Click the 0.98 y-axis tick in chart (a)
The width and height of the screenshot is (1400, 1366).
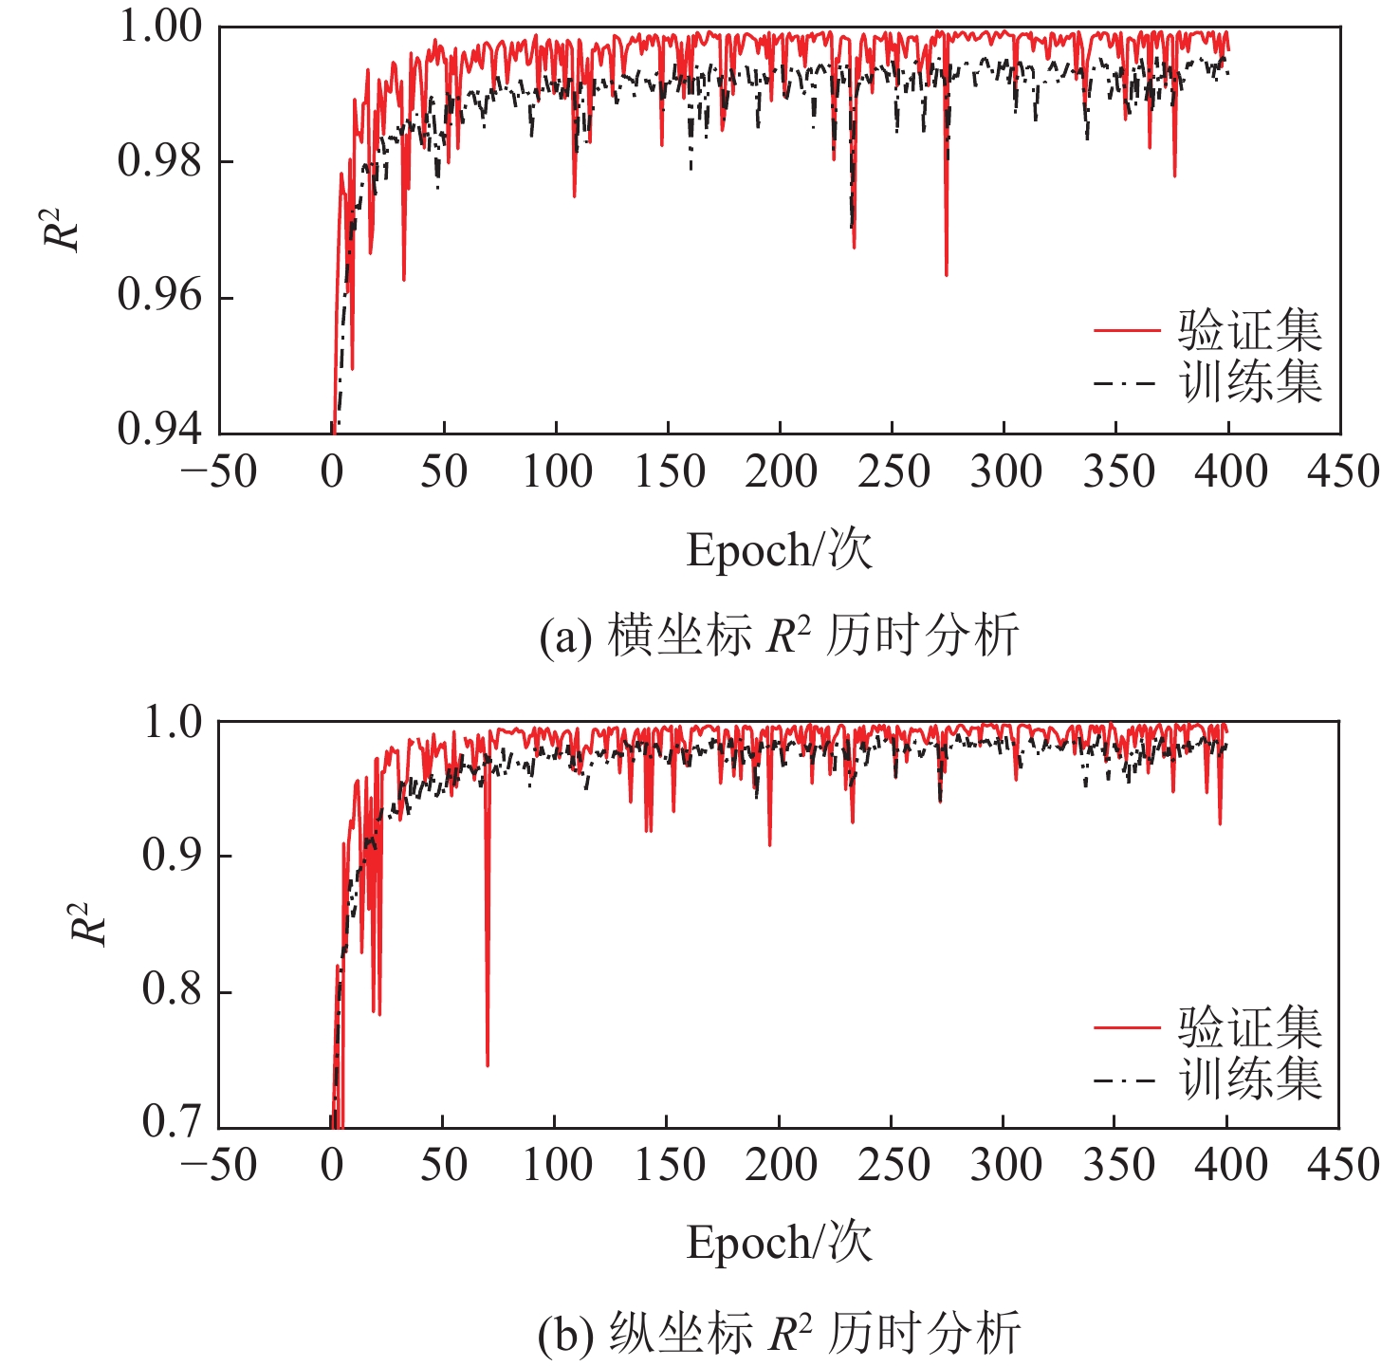coord(160,161)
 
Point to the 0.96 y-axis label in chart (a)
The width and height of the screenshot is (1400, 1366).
coord(160,296)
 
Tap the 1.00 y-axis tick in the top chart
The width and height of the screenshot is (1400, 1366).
coord(160,27)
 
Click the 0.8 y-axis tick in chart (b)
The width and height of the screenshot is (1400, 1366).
coord(173,989)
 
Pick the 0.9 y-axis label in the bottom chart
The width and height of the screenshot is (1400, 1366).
coord(173,855)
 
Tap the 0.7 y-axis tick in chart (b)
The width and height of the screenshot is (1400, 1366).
coord(173,1122)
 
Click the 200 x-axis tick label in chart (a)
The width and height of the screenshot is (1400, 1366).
coord(781,471)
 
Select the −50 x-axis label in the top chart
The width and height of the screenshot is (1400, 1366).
coord(219,471)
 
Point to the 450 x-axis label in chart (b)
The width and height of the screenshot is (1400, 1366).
coord(1342,1165)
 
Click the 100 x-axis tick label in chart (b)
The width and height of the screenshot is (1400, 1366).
coord(557,1165)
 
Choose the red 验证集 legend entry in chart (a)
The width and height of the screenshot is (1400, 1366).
coord(1207,330)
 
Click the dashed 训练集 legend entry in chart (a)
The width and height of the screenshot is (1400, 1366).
coord(1207,382)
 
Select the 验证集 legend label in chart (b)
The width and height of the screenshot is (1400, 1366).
coord(1250,1026)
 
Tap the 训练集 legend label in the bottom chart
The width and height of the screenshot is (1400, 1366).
coord(1250,1079)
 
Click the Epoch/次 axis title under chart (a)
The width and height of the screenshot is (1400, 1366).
coord(779,549)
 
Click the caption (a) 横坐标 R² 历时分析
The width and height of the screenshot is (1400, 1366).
coord(779,635)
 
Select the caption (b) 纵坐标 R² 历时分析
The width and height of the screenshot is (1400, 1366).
coord(779,1334)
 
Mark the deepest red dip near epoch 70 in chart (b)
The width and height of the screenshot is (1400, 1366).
coord(488,1064)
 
